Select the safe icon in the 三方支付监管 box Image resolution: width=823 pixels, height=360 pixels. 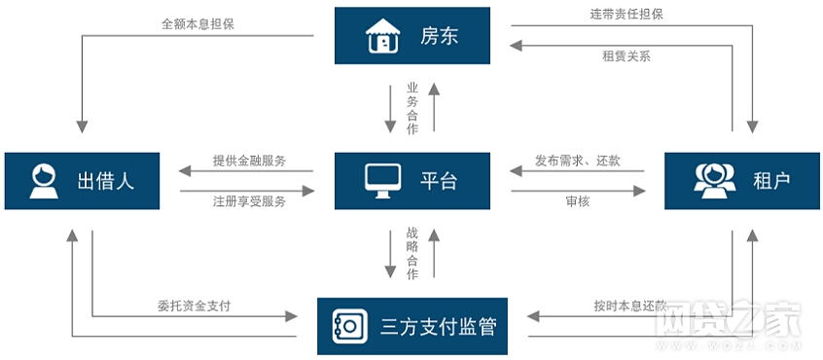pyautogui.click(x=347, y=325)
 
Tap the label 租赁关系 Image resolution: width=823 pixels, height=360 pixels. pyautogui.click(x=626, y=55)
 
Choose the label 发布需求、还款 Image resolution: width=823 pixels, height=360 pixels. pyautogui.click(x=578, y=160)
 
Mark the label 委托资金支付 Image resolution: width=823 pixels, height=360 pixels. pyautogui.click(x=194, y=305)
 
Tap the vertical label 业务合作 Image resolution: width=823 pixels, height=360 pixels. pyautogui.click(x=412, y=108)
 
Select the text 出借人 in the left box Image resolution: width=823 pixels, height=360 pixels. pyautogui.click(x=105, y=180)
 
